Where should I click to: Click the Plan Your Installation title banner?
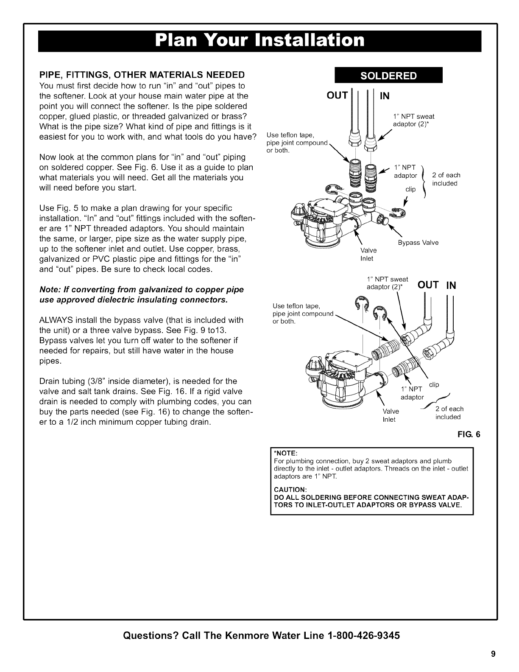259,40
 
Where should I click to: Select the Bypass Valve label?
418,243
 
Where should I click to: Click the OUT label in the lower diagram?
429,285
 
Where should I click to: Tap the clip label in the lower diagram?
434,385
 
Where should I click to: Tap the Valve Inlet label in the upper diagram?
368,254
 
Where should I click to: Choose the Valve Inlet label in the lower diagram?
390,415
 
